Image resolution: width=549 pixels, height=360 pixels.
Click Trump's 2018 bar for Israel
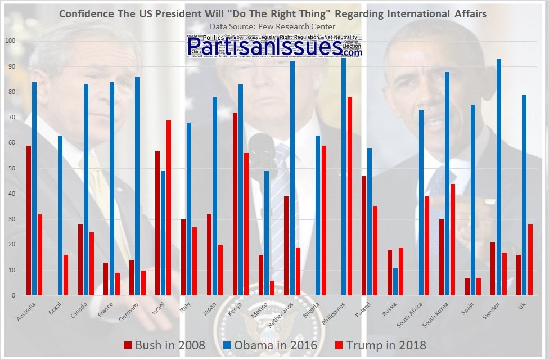pyautogui.click(x=169, y=208)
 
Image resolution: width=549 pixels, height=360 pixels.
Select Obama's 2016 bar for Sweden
pyautogui.click(x=499, y=177)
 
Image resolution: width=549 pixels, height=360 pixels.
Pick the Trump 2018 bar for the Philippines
pyautogui.click(x=350, y=196)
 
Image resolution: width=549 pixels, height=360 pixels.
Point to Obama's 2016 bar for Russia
pyautogui.click(x=395, y=281)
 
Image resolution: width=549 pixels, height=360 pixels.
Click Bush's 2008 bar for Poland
pyautogui.click(x=364, y=236)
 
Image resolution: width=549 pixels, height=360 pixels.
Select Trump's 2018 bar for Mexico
pyautogui.click(x=272, y=288)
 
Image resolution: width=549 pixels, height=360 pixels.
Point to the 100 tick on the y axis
pyautogui.click(x=10, y=41)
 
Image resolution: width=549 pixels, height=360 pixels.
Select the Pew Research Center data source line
pyautogui.click(x=272, y=26)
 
